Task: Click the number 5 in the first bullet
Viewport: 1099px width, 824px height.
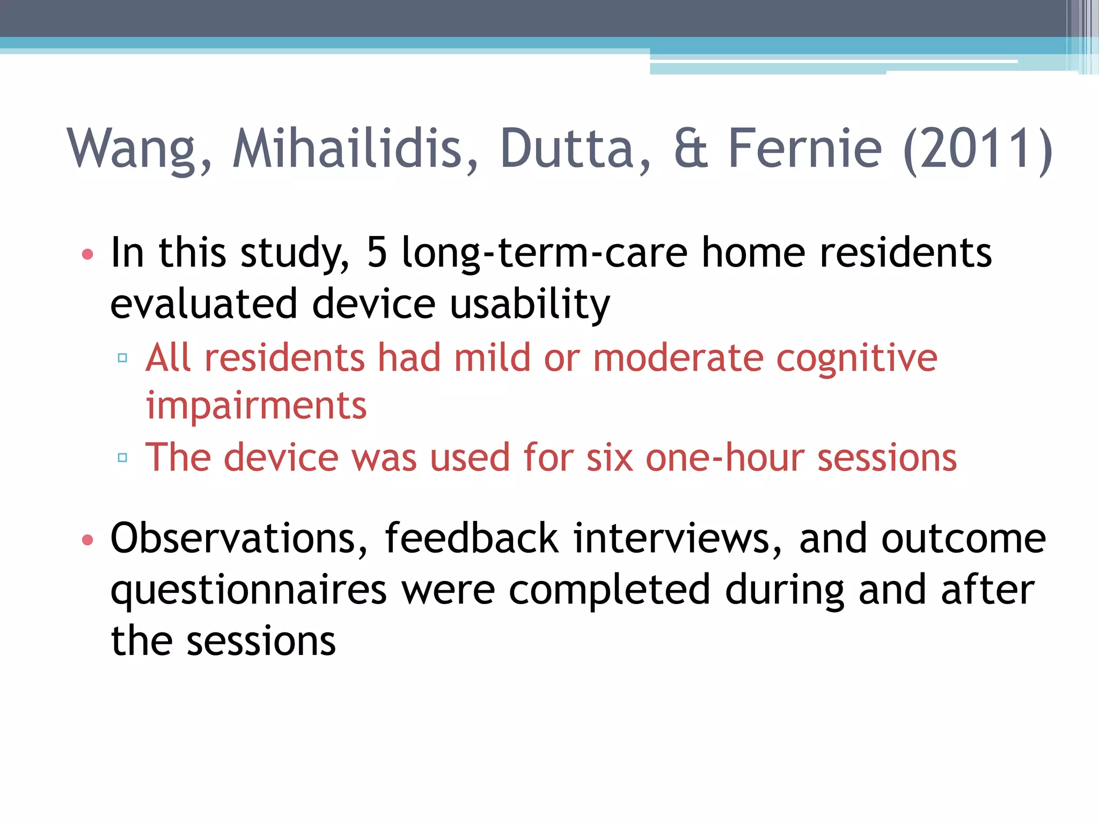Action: [377, 252]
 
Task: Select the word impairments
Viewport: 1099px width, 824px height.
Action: [257, 406]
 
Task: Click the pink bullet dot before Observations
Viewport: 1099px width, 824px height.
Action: [87, 540]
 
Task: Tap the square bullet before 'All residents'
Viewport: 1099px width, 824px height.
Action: [122, 358]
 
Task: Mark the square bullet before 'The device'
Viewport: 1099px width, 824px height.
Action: [122, 458]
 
